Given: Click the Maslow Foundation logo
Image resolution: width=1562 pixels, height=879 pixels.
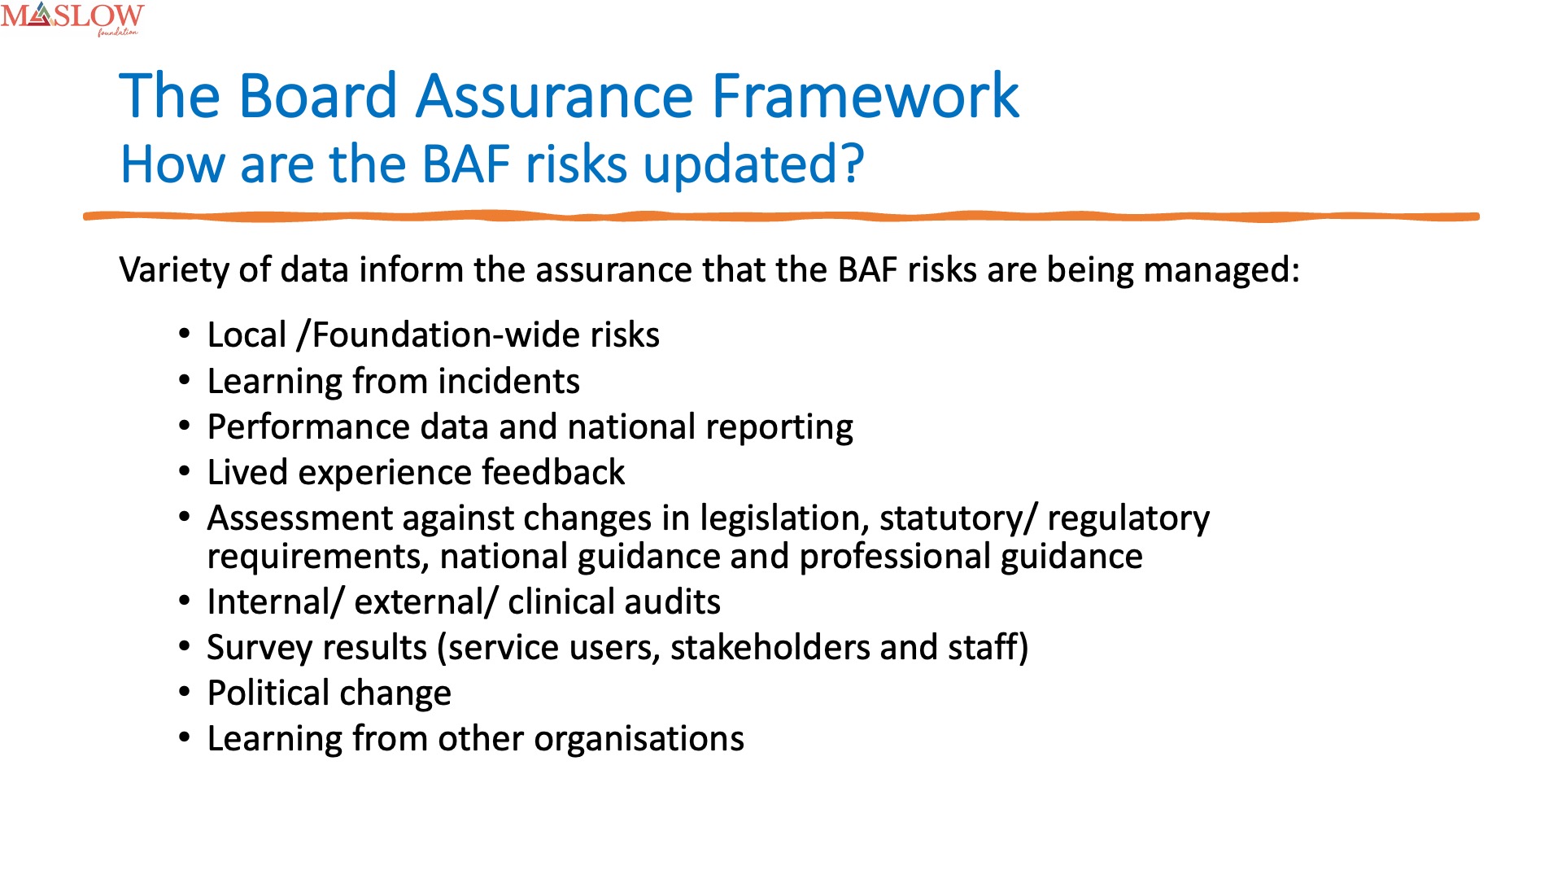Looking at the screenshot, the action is pos(72,19).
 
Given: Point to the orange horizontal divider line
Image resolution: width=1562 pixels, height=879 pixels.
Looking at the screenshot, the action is pos(781,216).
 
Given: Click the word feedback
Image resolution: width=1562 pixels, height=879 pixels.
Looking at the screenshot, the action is pos(553,473).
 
